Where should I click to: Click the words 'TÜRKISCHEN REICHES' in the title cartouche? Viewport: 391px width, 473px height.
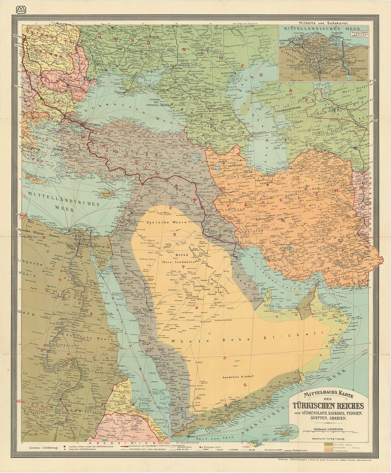(x=328, y=406)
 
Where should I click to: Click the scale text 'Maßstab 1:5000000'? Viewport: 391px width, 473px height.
(x=328, y=429)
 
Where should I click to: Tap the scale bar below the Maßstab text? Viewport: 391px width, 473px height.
(x=328, y=433)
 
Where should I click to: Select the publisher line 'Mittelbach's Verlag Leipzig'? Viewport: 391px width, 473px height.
(x=328, y=439)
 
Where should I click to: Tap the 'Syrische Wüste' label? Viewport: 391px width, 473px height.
(x=160, y=222)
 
